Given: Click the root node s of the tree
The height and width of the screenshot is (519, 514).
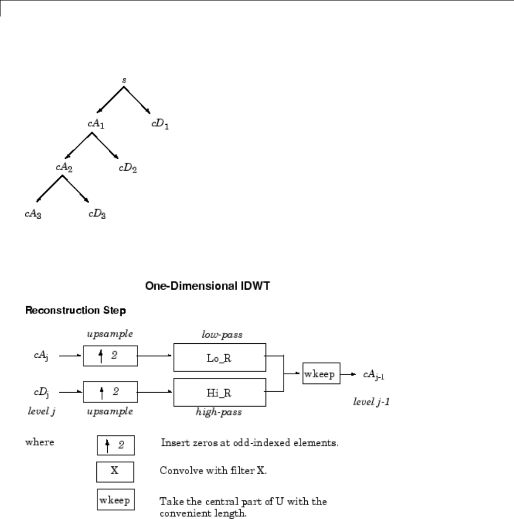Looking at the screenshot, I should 124,81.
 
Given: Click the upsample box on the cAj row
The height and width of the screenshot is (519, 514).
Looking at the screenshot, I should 110,356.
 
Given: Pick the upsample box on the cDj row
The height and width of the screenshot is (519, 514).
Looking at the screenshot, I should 110,392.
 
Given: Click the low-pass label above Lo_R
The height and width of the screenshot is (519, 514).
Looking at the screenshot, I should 219,335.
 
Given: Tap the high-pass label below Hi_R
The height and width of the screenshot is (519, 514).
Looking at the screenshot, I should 219,412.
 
